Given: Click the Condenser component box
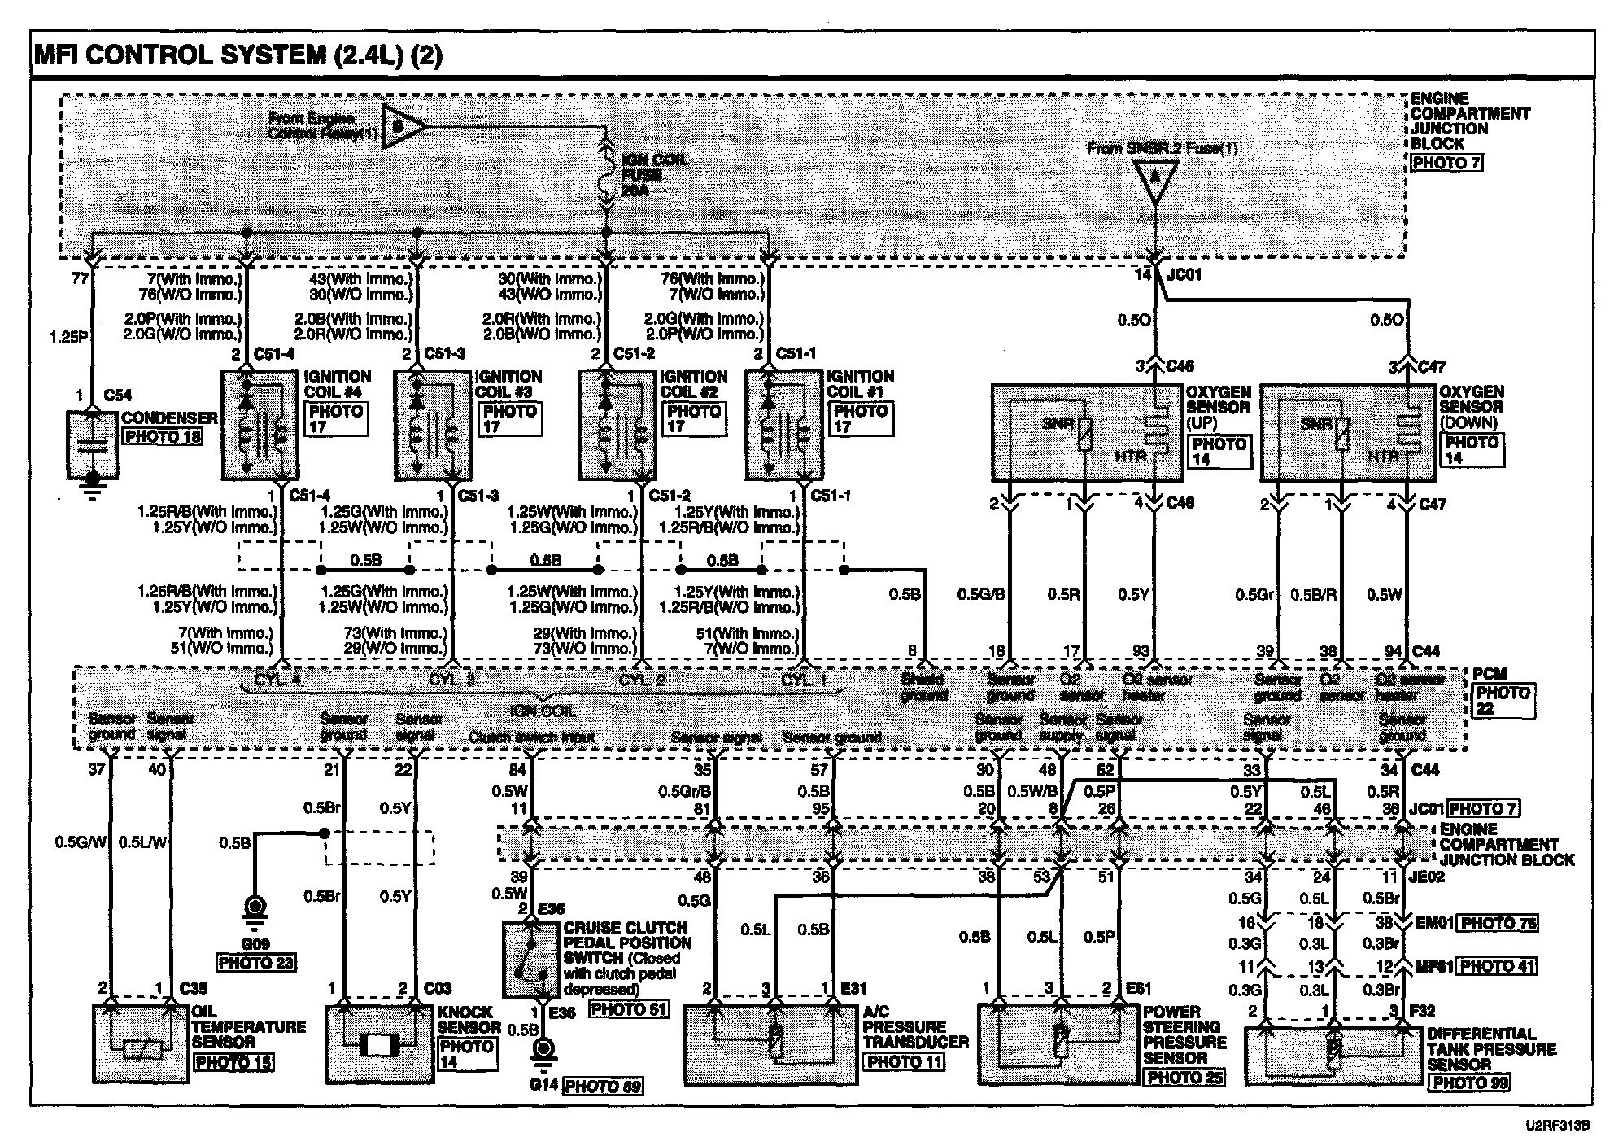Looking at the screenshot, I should tap(92, 444).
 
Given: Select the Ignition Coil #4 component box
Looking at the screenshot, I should tap(260, 425).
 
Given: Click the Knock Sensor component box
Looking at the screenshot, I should tap(379, 1044).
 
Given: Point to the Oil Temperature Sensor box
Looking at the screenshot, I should tap(141, 1044).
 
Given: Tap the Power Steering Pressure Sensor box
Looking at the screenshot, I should tap(1057, 1045).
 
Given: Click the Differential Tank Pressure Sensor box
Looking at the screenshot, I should tap(1333, 1054).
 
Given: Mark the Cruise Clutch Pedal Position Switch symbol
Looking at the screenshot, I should tap(531, 960).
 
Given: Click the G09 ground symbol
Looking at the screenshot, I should tap(256, 909).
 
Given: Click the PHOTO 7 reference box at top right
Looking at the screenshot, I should tap(1446, 163).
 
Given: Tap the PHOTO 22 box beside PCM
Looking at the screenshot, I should tap(1503, 701).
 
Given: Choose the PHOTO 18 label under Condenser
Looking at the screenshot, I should tap(162, 436).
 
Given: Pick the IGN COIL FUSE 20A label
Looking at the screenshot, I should tap(653, 174).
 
